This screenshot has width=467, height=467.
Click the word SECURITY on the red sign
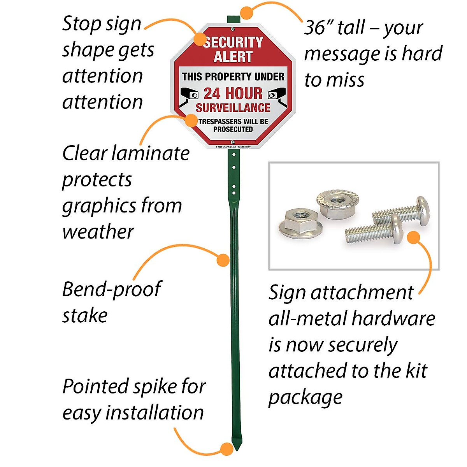[233, 42]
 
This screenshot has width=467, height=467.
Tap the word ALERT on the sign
[233, 57]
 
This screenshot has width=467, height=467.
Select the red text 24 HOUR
[233, 93]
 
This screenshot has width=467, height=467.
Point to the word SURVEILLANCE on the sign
[233, 107]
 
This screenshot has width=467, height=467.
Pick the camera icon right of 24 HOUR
[277, 94]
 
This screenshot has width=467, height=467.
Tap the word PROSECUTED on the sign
[233, 129]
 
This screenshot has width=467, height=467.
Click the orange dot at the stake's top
[246, 13]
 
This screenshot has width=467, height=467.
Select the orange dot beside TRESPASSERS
[191, 120]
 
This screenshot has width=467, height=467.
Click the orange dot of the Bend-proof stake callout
[223, 260]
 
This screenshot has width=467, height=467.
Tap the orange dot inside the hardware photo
[413, 237]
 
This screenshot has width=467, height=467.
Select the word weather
[98, 232]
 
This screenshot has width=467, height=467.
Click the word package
[305, 398]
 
